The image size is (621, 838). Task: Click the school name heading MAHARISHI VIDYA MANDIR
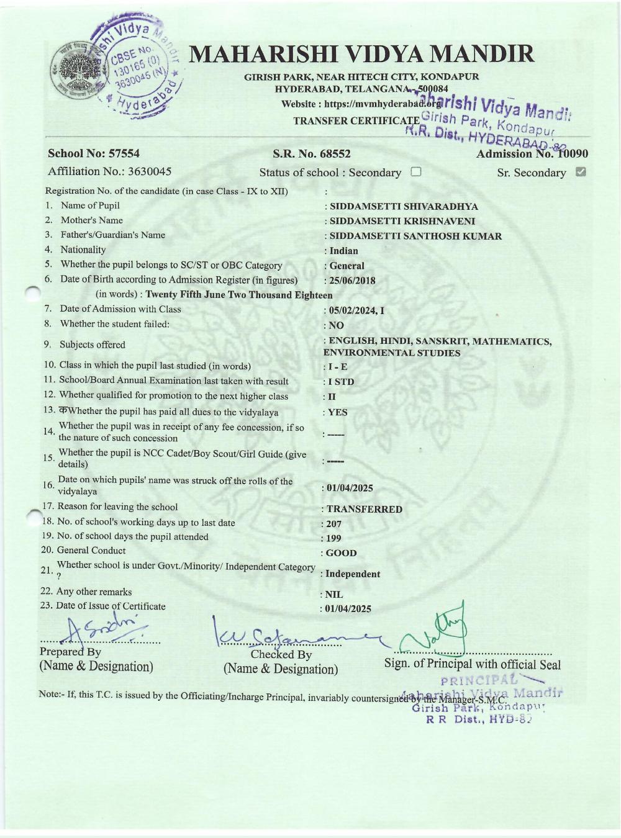tap(361, 55)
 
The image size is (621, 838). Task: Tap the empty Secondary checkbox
tap(416, 172)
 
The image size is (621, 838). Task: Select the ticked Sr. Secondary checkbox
tap(581, 172)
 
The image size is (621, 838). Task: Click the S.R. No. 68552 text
tap(312, 154)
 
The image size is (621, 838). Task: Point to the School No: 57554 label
tap(94, 153)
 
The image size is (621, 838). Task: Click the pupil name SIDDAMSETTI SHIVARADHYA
tap(404, 207)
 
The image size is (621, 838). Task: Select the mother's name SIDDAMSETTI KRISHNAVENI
tap(402, 222)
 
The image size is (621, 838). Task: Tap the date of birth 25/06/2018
tap(352, 281)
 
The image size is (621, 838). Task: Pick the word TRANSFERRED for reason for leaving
tap(365, 510)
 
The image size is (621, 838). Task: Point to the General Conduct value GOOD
tap(342, 553)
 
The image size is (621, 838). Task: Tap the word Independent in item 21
tap(353, 574)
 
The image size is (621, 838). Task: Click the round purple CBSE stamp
tap(138, 67)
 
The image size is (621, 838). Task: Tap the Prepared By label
tap(70, 652)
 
